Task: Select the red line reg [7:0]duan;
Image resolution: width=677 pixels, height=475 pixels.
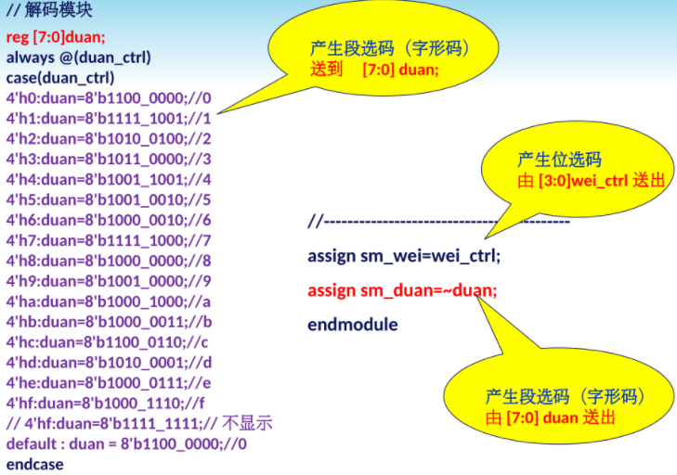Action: pos(57,38)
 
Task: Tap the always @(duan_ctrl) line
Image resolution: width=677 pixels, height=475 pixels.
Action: pos(79,58)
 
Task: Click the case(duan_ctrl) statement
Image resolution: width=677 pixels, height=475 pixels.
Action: pos(60,77)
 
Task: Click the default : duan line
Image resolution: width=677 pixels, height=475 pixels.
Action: pos(126,443)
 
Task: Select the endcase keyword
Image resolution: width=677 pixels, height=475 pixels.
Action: pos(35,464)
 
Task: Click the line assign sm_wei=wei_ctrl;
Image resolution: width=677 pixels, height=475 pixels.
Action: pos(404,255)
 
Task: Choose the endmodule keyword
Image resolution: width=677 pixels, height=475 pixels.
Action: pos(353,325)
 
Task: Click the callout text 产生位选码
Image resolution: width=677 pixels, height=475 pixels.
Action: pos(559,159)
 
